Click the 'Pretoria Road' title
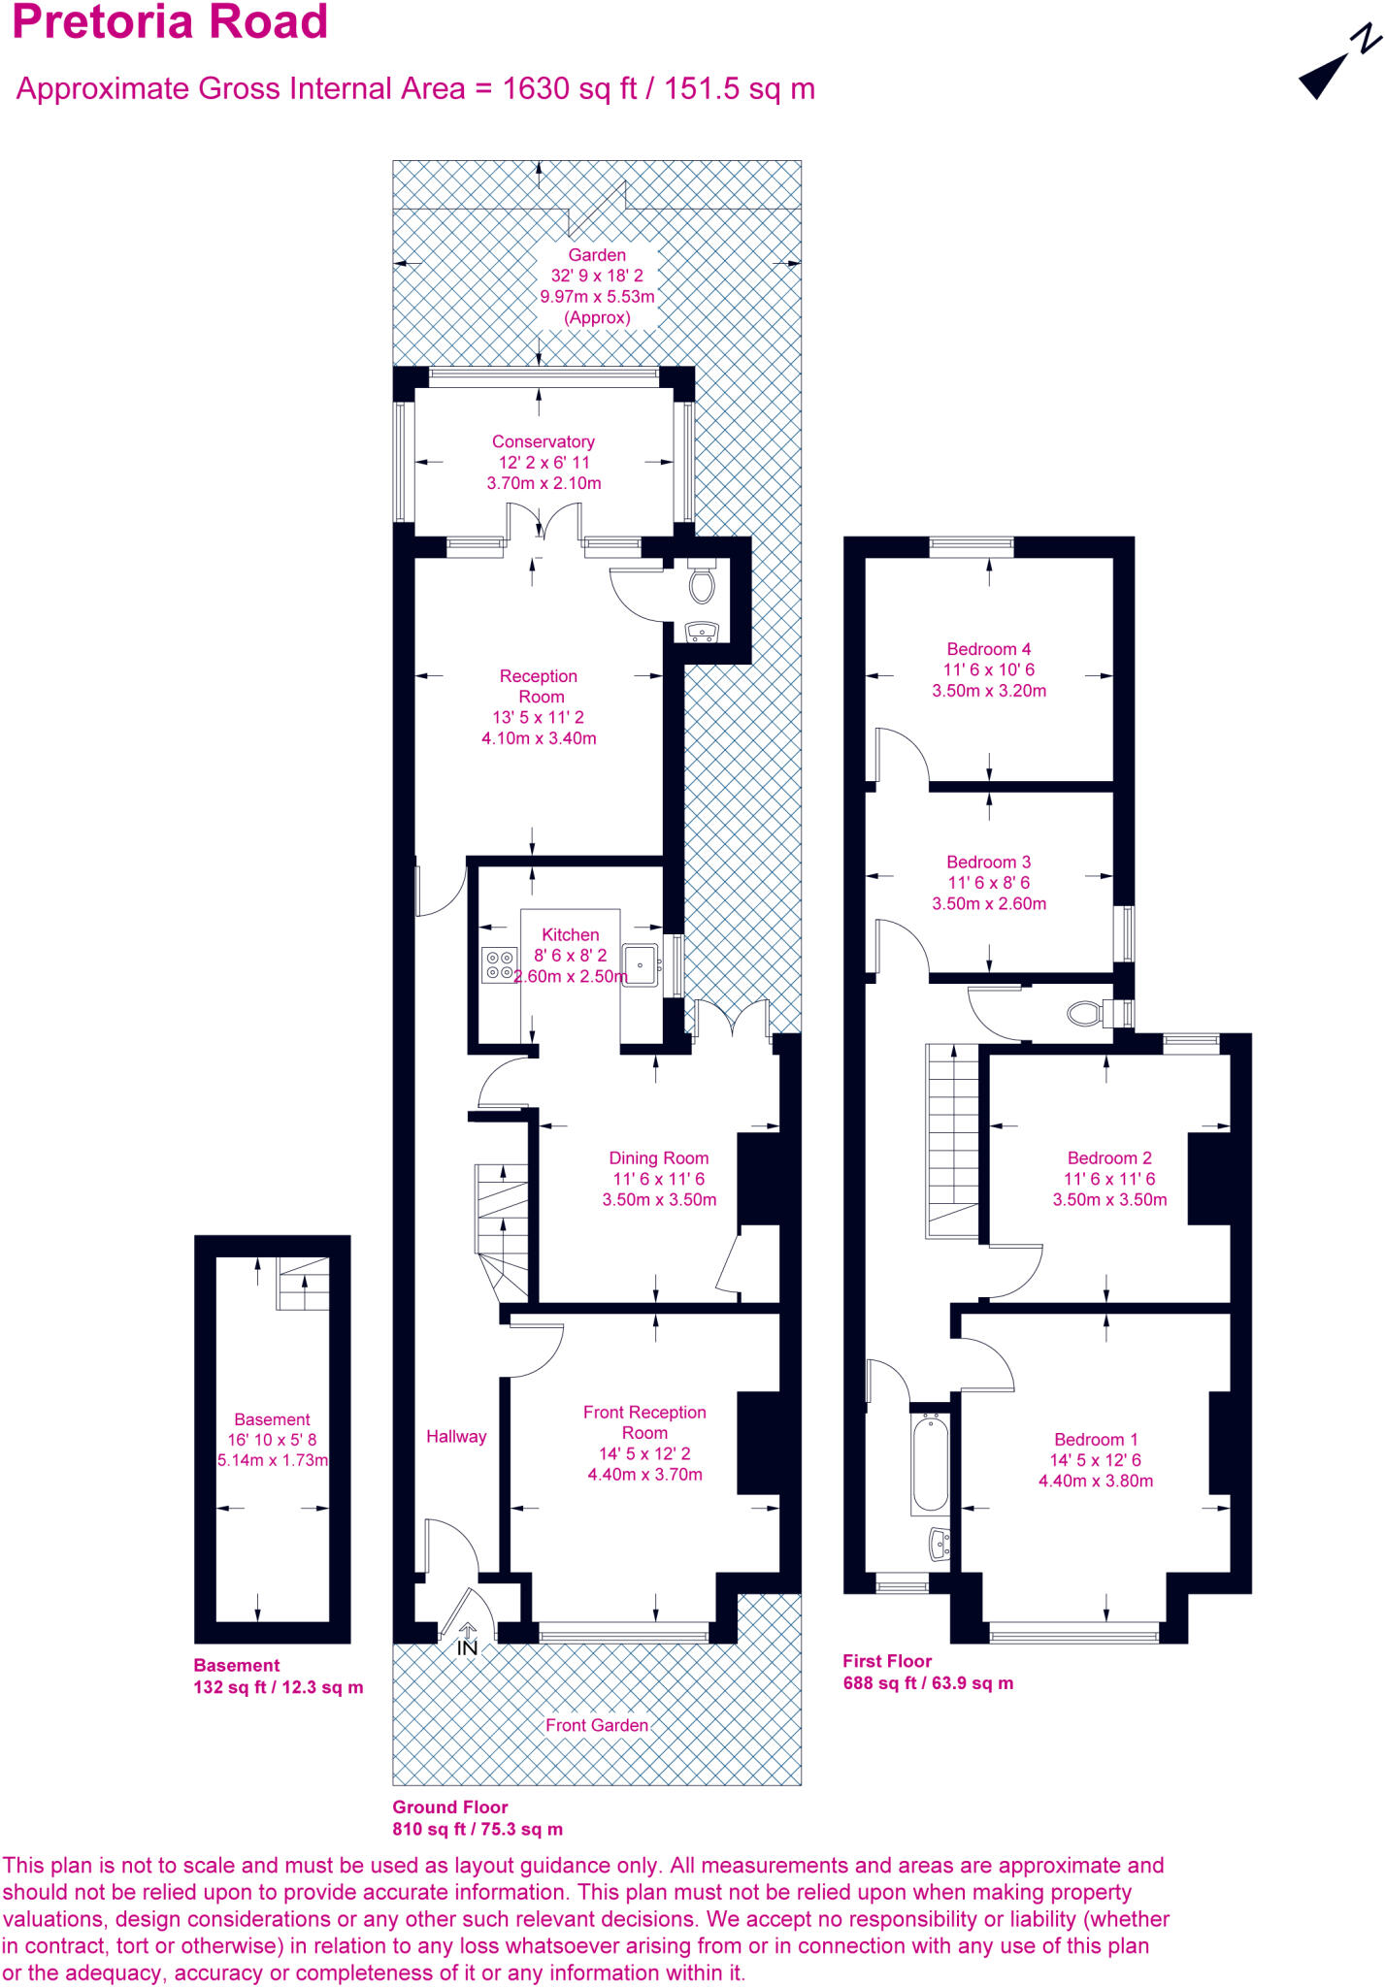tap(170, 22)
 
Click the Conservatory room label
tap(543, 441)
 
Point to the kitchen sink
tap(641, 964)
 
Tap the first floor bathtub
tap(930, 1461)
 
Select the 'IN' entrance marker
tap(467, 1647)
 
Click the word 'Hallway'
tap(456, 1436)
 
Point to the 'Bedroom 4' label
tap(989, 649)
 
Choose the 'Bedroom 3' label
tap(989, 862)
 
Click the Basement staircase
tap(304, 1284)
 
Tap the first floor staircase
tap(953, 1140)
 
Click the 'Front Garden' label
tap(597, 1725)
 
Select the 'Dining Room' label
tap(659, 1157)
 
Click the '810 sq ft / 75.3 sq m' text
tap(478, 1829)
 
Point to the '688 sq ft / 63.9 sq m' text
tap(928, 1683)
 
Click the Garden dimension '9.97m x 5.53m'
tap(597, 297)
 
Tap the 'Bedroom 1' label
tap(1096, 1440)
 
